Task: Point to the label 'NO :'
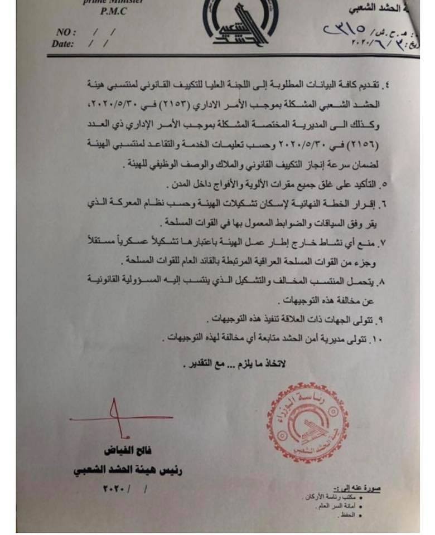coord(66,32)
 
